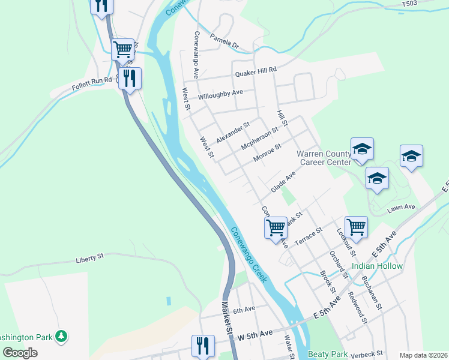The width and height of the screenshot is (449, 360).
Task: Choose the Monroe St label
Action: [x=267, y=154]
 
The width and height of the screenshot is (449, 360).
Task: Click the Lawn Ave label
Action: [x=401, y=207]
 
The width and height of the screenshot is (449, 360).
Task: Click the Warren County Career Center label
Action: [x=324, y=158]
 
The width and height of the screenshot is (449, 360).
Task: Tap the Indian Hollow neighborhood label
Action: [x=377, y=266]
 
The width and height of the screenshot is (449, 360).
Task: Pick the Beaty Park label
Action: [x=328, y=354]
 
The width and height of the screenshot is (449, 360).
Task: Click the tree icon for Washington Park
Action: [x=61, y=337]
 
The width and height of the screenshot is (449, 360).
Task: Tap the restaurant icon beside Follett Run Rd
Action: [x=130, y=77]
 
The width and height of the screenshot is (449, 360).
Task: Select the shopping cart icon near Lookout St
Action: [x=356, y=227]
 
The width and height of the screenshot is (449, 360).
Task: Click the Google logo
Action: [x=20, y=353]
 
